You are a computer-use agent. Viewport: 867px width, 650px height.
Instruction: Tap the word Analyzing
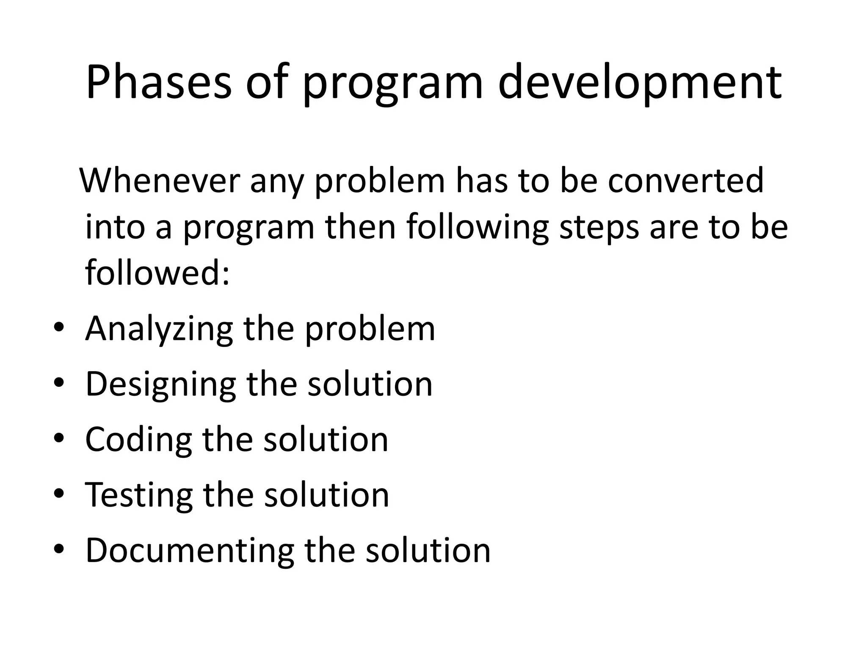(x=159, y=329)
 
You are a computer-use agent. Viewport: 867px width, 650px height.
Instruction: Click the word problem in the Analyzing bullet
(x=370, y=329)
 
